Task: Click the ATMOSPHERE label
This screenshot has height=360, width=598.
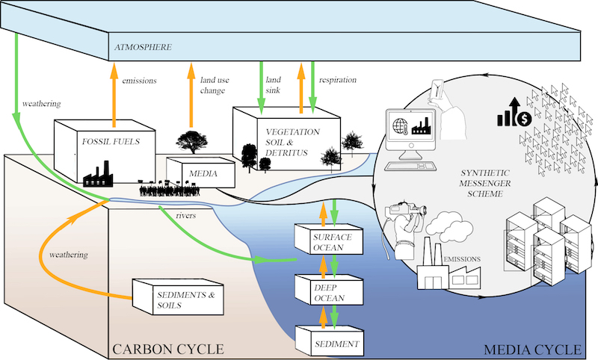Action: tap(143, 48)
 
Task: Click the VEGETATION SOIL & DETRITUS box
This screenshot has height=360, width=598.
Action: tap(287, 142)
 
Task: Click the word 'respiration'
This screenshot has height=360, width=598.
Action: tap(337, 79)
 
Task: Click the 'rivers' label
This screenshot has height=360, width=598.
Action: tap(186, 217)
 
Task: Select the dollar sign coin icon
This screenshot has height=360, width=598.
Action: tap(524, 118)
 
